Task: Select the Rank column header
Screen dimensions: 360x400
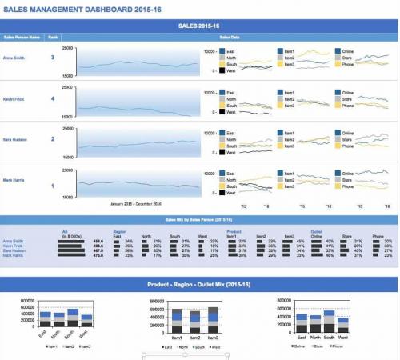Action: pos(53,37)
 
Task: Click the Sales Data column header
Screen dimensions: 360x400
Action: pos(231,37)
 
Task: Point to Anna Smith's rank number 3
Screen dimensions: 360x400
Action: pos(53,58)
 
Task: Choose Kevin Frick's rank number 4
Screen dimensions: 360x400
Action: pos(53,99)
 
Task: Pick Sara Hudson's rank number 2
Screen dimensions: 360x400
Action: pos(53,139)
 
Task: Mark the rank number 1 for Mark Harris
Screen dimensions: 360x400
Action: pos(53,186)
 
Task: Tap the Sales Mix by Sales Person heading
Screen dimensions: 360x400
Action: pos(198,219)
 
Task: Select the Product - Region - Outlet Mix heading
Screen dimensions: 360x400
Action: pos(198,285)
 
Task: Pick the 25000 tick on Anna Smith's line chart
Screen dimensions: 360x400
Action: pos(67,48)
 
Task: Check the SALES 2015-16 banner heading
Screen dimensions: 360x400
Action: pos(198,25)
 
